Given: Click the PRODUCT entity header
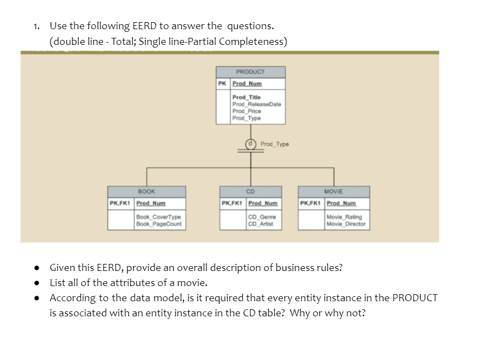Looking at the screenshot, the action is coord(251,72).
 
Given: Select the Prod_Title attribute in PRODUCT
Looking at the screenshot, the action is coord(246,97).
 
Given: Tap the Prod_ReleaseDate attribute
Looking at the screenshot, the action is coord(257,104).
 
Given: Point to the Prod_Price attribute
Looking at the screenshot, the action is coord(246,111).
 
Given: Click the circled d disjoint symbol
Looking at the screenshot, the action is coord(251,144).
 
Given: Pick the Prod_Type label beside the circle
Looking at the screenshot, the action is coord(274,144).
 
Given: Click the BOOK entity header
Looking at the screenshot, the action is coord(147,192).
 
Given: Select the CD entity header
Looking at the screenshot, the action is coord(251,192).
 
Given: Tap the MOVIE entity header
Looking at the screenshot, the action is coord(334,192).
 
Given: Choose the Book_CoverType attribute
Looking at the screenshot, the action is coord(159,217).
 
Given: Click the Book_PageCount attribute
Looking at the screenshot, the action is coord(159,224).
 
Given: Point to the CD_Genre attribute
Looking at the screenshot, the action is coord(262,217).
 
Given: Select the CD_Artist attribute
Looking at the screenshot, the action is coord(260,224).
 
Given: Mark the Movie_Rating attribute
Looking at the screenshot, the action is coord(344,217).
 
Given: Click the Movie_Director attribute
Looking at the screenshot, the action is coord(346,224).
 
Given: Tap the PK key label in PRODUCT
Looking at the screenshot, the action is coord(222,84).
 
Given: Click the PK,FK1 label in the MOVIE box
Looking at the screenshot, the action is coord(310,203).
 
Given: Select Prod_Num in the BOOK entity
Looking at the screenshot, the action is coord(151,203).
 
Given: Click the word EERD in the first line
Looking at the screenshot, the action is coord(145,26).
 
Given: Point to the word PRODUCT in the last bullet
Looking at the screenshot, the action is coord(415,298).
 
